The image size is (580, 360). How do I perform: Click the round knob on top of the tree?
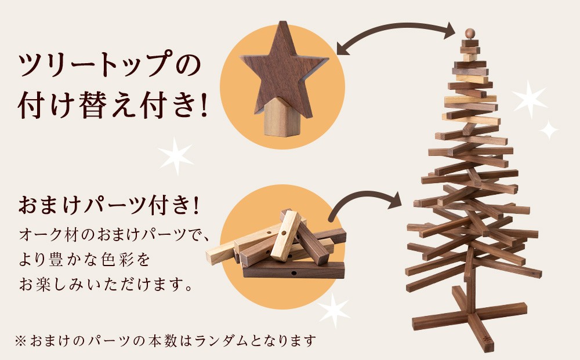pyautogui.click(x=469, y=33)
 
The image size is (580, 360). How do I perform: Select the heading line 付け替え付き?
pyautogui.click(x=112, y=105)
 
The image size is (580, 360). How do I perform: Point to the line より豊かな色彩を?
pyautogui.click(x=85, y=259)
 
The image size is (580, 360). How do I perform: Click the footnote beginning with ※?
pyautogui.click(x=165, y=340)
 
